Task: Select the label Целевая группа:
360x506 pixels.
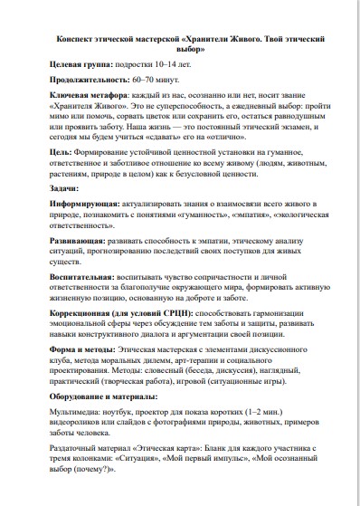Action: click(81, 67)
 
